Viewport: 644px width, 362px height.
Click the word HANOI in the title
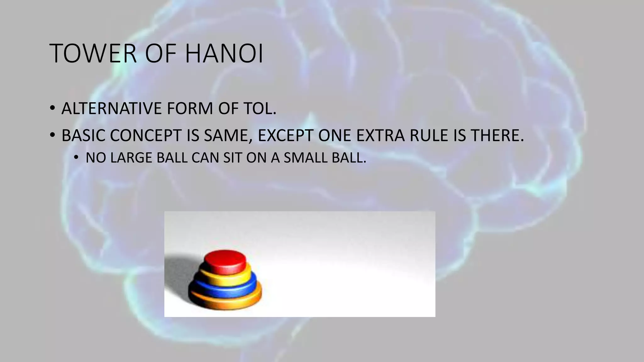[x=224, y=54]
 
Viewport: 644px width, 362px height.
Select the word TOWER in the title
[x=93, y=54]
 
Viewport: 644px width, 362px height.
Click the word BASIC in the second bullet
[x=83, y=135]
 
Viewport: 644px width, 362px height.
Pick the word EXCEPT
[x=286, y=135]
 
